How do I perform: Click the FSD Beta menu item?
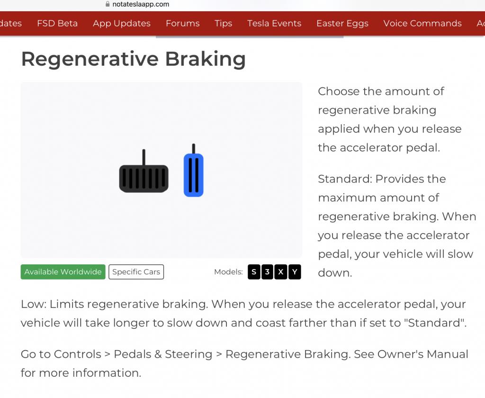[x=57, y=23]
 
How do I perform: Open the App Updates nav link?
[x=122, y=24]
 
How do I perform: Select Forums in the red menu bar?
[x=182, y=23]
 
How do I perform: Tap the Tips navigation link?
[x=224, y=24]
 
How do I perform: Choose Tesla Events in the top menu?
[x=274, y=23]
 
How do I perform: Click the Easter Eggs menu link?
[x=342, y=24]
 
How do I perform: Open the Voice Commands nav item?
[x=422, y=23]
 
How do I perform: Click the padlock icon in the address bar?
[x=108, y=4]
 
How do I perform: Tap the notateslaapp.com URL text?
[x=141, y=4]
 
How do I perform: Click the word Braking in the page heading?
[x=206, y=59]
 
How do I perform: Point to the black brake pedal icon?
[x=144, y=171]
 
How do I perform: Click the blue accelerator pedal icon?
[x=194, y=170]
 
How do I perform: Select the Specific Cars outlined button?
[x=136, y=271]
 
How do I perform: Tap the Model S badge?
[x=254, y=272]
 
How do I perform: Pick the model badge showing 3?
[x=267, y=272]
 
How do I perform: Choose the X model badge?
[x=281, y=272]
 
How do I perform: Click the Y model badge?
[x=295, y=272]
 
